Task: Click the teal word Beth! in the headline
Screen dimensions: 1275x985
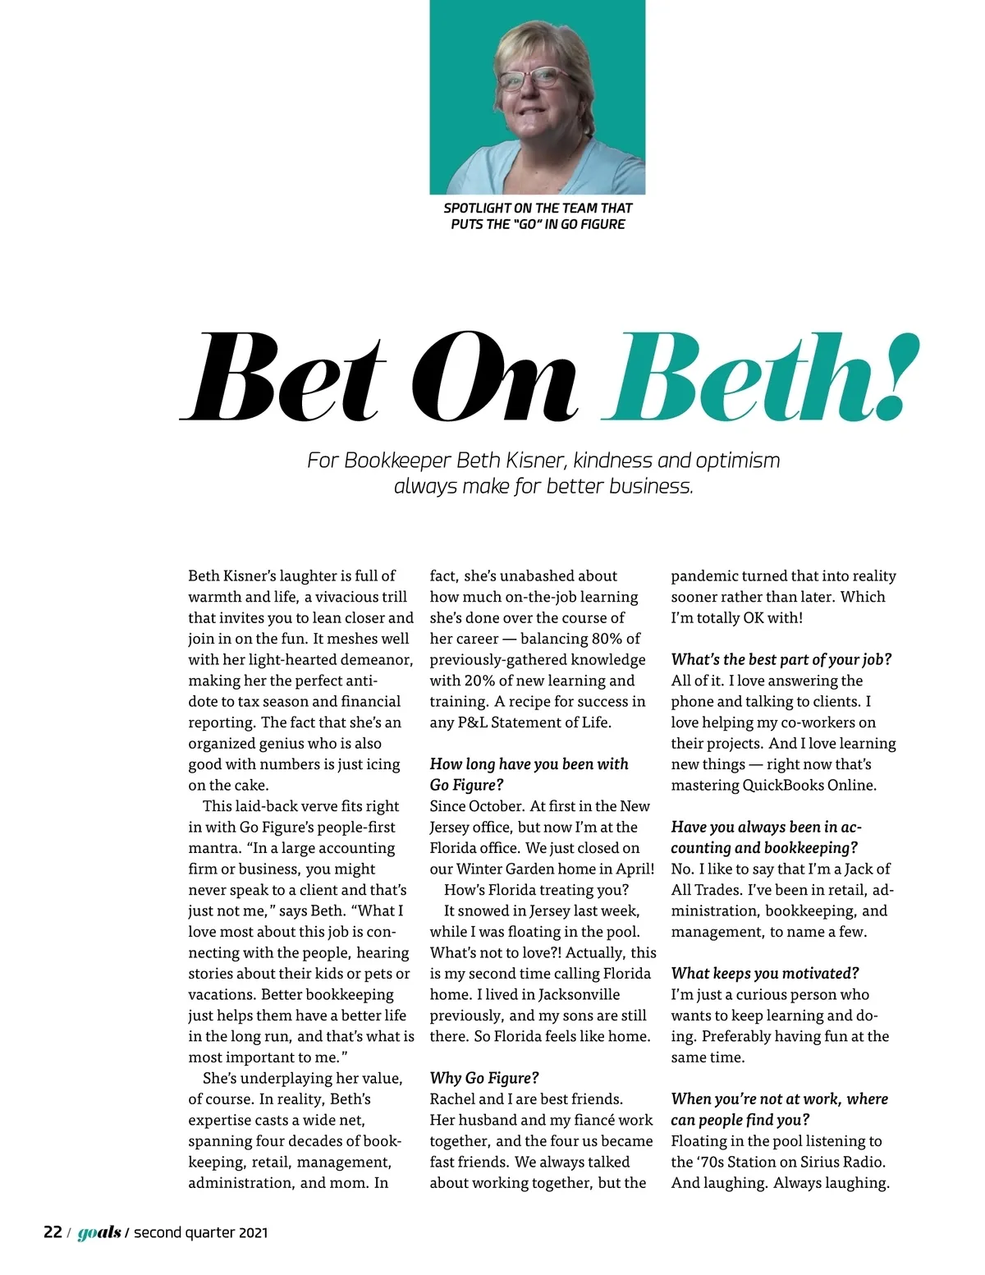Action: tap(759, 380)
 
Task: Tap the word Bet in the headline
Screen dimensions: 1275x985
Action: tap(283, 380)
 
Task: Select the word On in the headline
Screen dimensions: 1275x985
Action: tap(494, 380)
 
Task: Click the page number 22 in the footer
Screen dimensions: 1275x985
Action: tap(53, 1231)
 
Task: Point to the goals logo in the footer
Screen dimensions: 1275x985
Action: tap(99, 1232)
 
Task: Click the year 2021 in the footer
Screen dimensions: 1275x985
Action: tap(253, 1231)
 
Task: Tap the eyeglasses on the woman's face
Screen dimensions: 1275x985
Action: tap(534, 80)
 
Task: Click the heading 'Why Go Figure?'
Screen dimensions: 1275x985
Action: tap(484, 1078)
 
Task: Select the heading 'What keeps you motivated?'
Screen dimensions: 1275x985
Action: tap(765, 973)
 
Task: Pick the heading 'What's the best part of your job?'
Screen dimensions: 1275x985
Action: tap(781, 659)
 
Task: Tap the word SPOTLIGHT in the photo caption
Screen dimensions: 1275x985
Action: tap(477, 209)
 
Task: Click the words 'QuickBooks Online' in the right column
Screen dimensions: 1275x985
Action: tap(809, 785)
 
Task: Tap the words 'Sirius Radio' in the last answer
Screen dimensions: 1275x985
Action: tap(843, 1162)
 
